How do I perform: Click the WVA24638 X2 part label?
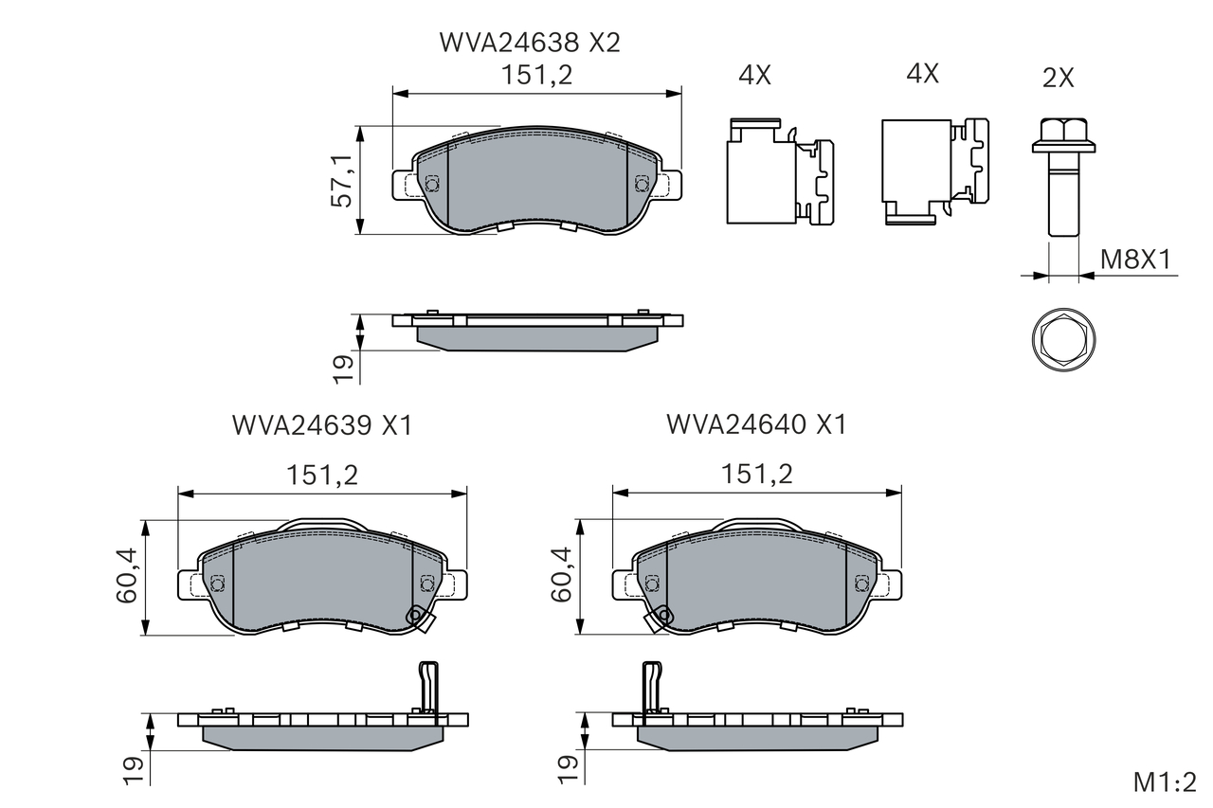click(x=530, y=43)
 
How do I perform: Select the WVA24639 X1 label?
click(x=322, y=425)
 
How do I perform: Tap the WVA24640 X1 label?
click(x=756, y=424)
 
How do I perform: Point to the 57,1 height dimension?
click(x=342, y=181)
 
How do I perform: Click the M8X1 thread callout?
click(x=1135, y=260)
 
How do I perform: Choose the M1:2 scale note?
click(x=1165, y=782)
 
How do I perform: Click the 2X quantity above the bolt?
click(x=1059, y=79)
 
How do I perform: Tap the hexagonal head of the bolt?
click(x=1064, y=135)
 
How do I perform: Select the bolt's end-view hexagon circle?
click(x=1064, y=340)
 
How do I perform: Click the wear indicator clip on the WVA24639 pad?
click(x=419, y=619)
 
